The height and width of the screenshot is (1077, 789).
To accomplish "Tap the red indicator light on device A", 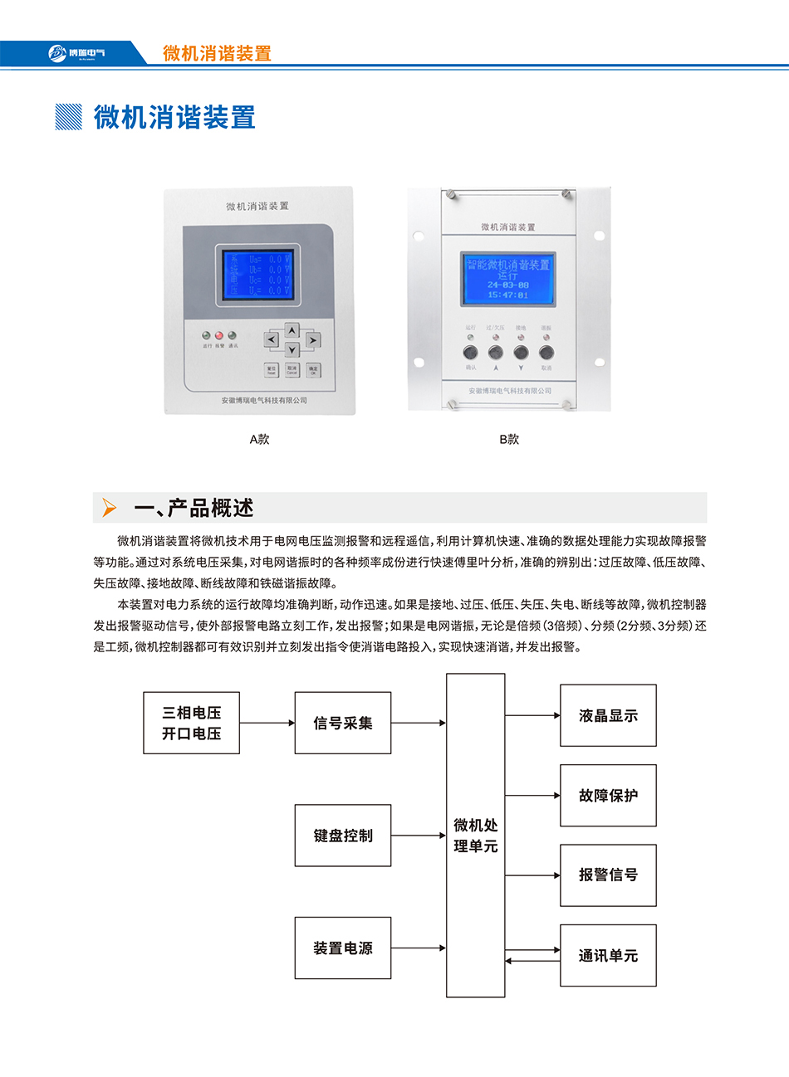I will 219,336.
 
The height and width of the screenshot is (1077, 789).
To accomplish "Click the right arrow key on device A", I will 312,339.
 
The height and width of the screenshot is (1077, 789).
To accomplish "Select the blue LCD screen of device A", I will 257,275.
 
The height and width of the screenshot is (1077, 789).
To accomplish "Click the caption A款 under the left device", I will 259,439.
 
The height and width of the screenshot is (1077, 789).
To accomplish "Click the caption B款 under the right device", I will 509,439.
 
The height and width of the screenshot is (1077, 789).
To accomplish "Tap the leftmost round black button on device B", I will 471,353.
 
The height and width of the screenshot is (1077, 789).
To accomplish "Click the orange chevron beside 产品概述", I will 109,508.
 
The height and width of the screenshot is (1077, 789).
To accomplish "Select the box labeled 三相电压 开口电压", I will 191,723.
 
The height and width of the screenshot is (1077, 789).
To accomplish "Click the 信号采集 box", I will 342,723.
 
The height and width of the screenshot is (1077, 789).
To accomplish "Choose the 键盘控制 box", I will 342,836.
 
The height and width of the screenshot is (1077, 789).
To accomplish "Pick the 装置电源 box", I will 342,948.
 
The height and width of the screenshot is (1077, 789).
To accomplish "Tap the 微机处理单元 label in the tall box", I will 475,836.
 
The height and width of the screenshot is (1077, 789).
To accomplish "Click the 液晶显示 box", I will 608,715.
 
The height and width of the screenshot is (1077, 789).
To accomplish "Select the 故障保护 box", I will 608,795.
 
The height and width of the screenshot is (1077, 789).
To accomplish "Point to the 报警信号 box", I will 608,875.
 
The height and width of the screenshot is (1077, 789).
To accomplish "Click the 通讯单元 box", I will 608,955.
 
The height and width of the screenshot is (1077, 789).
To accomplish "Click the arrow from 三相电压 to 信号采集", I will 267,723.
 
